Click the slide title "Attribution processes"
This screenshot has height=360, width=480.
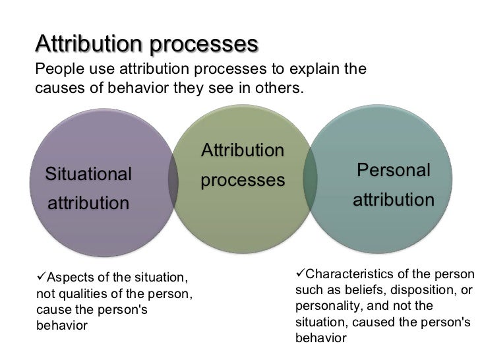pos(147,44)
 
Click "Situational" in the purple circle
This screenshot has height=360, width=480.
pos(88,174)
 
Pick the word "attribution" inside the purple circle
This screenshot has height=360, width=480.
pos(88,203)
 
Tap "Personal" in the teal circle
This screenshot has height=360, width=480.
pos(394,170)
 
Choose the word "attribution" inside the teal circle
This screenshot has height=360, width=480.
pos(394,199)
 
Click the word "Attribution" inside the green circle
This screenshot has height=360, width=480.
pos(243,150)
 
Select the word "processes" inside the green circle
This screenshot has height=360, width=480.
pos(243,179)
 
